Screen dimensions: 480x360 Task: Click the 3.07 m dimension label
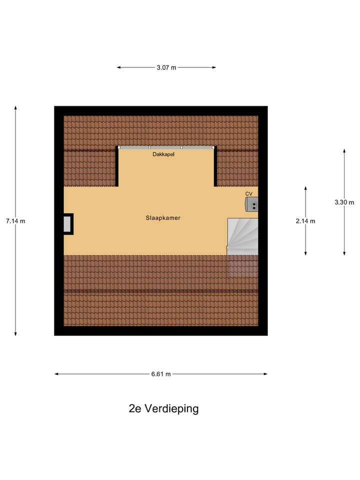click(x=166, y=67)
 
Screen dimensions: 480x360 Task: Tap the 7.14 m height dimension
click(x=15, y=221)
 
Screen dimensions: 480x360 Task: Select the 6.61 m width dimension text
click(x=160, y=374)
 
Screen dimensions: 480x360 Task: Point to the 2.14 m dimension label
click(x=305, y=221)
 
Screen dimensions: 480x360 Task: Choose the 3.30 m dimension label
click(x=344, y=202)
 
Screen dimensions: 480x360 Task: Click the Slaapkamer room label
click(x=163, y=218)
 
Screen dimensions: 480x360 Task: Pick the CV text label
click(x=249, y=193)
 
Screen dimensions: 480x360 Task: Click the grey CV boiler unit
click(x=251, y=204)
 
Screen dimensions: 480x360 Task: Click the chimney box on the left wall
click(x=67, y=224)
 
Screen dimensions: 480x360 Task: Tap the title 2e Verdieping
click(x=163, y=408)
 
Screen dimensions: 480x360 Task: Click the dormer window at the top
click(x=166, y=147)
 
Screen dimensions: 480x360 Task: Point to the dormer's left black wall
click(x=117, y=166)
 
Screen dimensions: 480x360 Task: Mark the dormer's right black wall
click(x=215, y=166)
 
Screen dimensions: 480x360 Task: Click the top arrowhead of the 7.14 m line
click(x=15, y=108)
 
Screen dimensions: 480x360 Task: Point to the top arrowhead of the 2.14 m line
click(x=305, y=188)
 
